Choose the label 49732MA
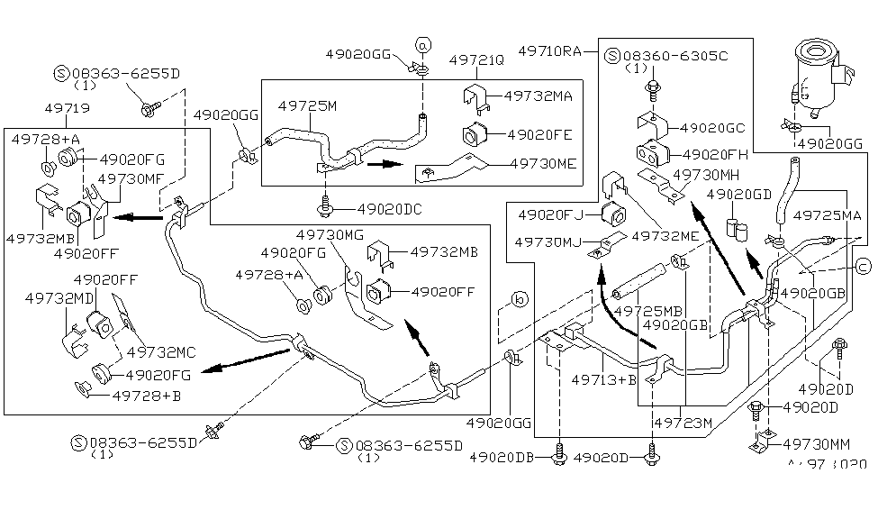click(x=538, y=95)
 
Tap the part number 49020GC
click(x=713, y=128)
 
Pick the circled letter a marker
click(x=424, y=43)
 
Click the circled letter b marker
click(x=519, y=299)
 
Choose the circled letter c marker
click(x=862, y=265)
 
